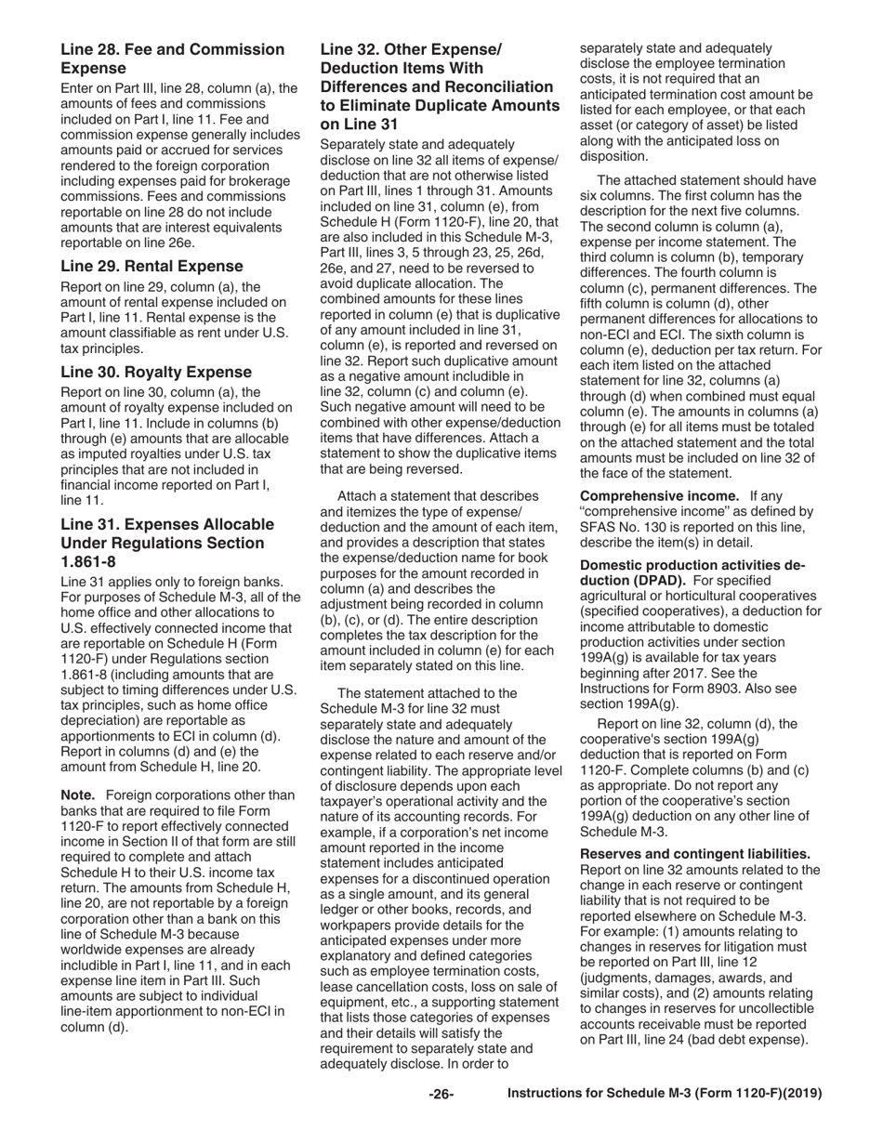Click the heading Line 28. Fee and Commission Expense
tap(173, 59)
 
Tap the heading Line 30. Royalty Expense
tap(156, 372)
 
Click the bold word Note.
tap(79, 795)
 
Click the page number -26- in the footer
tap(441, 1095)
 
